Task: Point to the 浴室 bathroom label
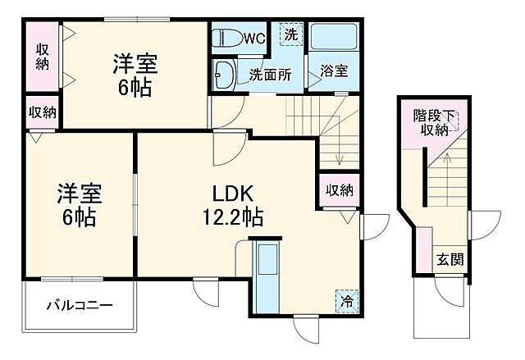click(x=333, y=71)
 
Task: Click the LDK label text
click(x=232, y=195)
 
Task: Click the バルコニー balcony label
click(x=79, y=306)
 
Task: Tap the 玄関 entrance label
click(x=449, y=260)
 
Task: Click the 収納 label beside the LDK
click(x=339, y=190)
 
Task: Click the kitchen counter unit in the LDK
click(x=265, y=275)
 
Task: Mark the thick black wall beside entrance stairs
click(x=424, y=178)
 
